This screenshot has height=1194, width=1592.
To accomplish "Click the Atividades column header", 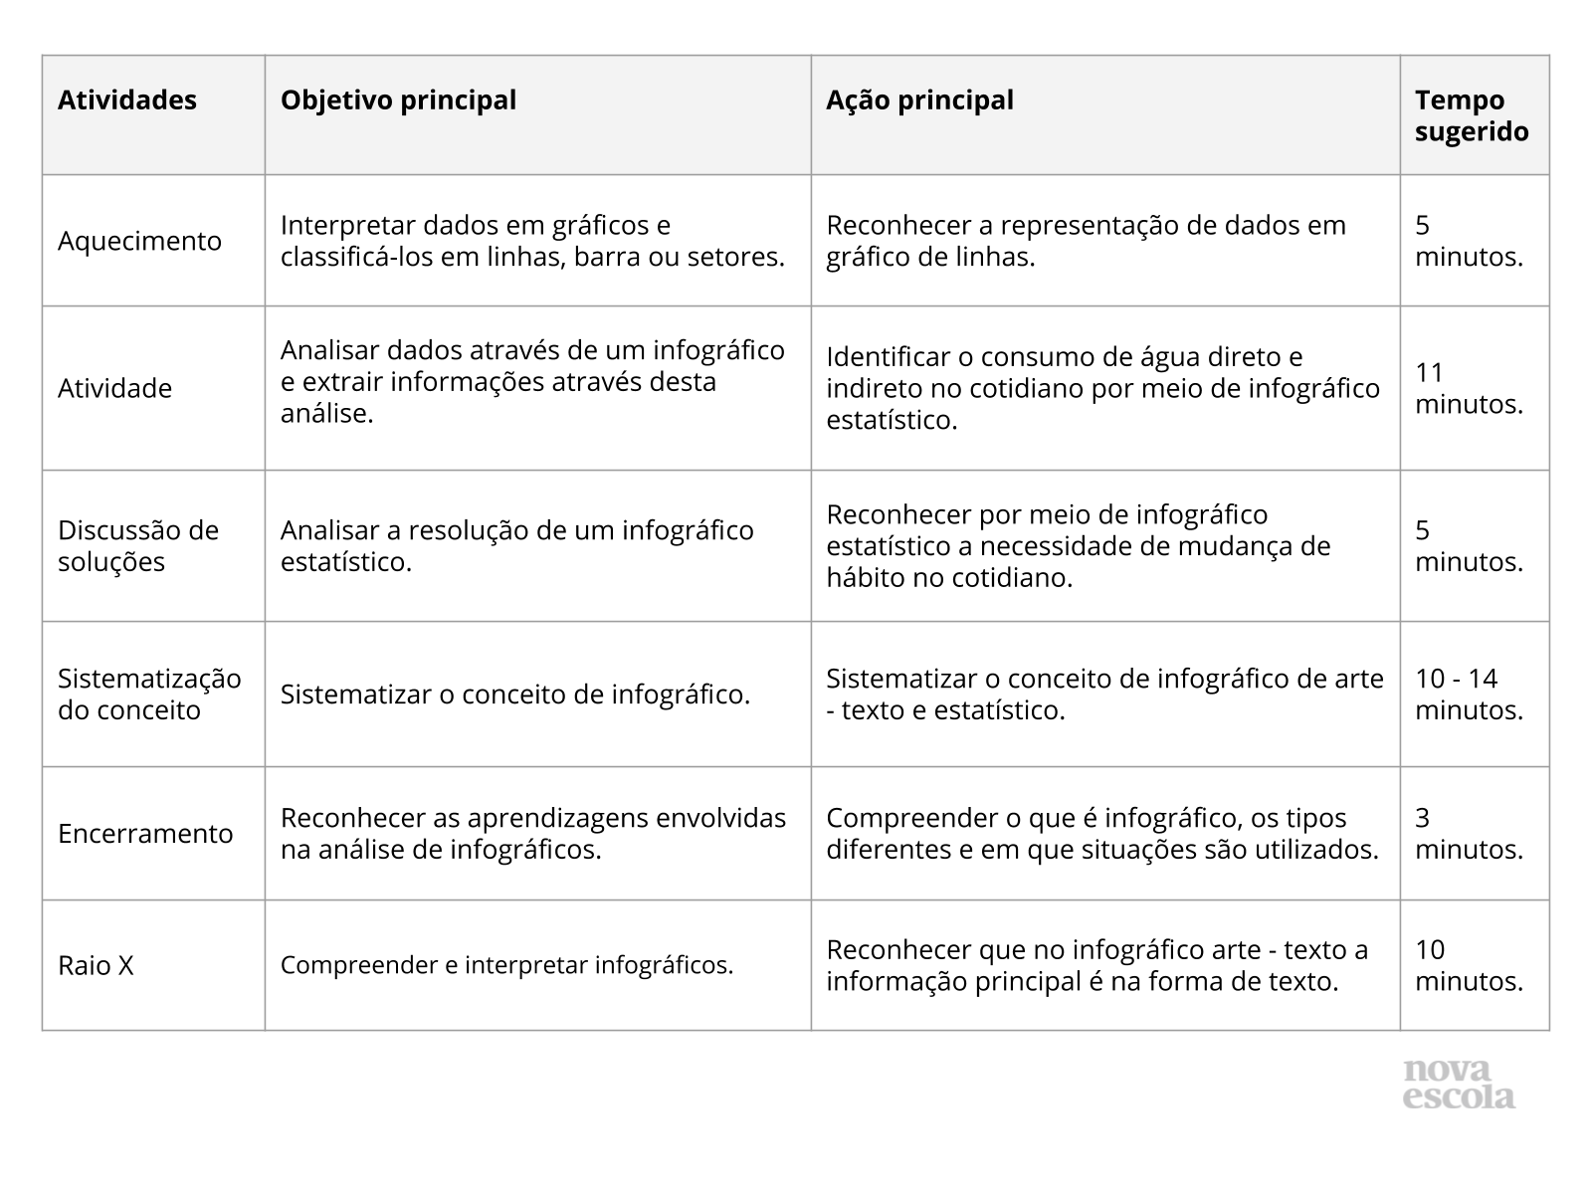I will point(127,100).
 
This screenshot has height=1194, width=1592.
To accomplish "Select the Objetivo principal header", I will point(398,100).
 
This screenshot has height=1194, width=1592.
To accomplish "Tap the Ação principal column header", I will point(919,100).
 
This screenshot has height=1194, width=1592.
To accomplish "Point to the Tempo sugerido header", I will point(1472,115).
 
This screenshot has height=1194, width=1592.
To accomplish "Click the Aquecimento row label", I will point(139,241).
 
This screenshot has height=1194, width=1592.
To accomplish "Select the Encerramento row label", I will point(145,834).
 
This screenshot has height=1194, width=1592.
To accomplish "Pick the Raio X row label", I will point(96,965).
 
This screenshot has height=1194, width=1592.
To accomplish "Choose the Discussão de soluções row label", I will point(137,545).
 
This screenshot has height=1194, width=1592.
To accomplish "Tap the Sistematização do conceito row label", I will point(149,694).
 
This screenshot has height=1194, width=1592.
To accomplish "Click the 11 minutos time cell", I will point(1469,388).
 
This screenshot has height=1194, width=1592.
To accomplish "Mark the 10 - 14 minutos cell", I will point(1469,694).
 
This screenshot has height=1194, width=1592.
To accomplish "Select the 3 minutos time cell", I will point(1469,834).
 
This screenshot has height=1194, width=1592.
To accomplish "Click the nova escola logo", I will point(1459,1085).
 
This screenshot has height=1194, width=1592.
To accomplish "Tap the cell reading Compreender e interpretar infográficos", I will point(506,965).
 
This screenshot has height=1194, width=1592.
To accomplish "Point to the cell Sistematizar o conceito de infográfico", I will point(514,695).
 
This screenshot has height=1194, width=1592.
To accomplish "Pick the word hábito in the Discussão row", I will point(866,577).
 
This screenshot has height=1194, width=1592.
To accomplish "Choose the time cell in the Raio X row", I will point(1469,965).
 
